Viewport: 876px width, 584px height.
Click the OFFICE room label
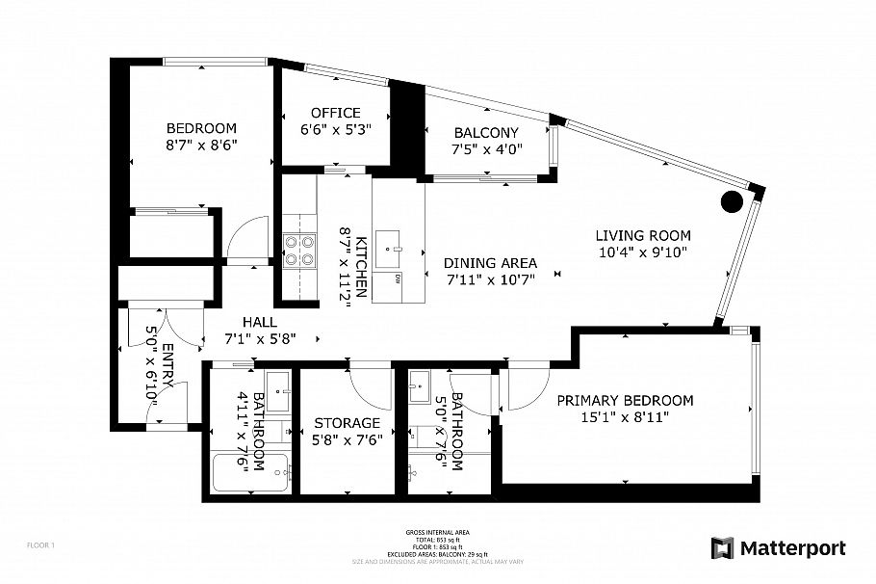click(x=335, y=113)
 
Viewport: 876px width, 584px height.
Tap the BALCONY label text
click(x=485, y=133)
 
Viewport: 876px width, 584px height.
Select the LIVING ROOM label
click(x=642, y=235)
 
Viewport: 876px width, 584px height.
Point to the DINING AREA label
click(x=490, y=263)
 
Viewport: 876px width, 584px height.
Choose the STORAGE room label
click(x=347, y=423)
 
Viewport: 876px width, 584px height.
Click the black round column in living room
click(x=732, y=201)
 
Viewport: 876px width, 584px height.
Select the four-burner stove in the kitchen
click(x=298, y=250)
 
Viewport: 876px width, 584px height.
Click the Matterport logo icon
click(x=722, y=548)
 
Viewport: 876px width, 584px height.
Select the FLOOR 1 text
click(x=40, y=545)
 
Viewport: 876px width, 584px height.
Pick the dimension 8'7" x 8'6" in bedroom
click(x=201, y=145)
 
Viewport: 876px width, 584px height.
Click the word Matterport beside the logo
click(x=792, y=548)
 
